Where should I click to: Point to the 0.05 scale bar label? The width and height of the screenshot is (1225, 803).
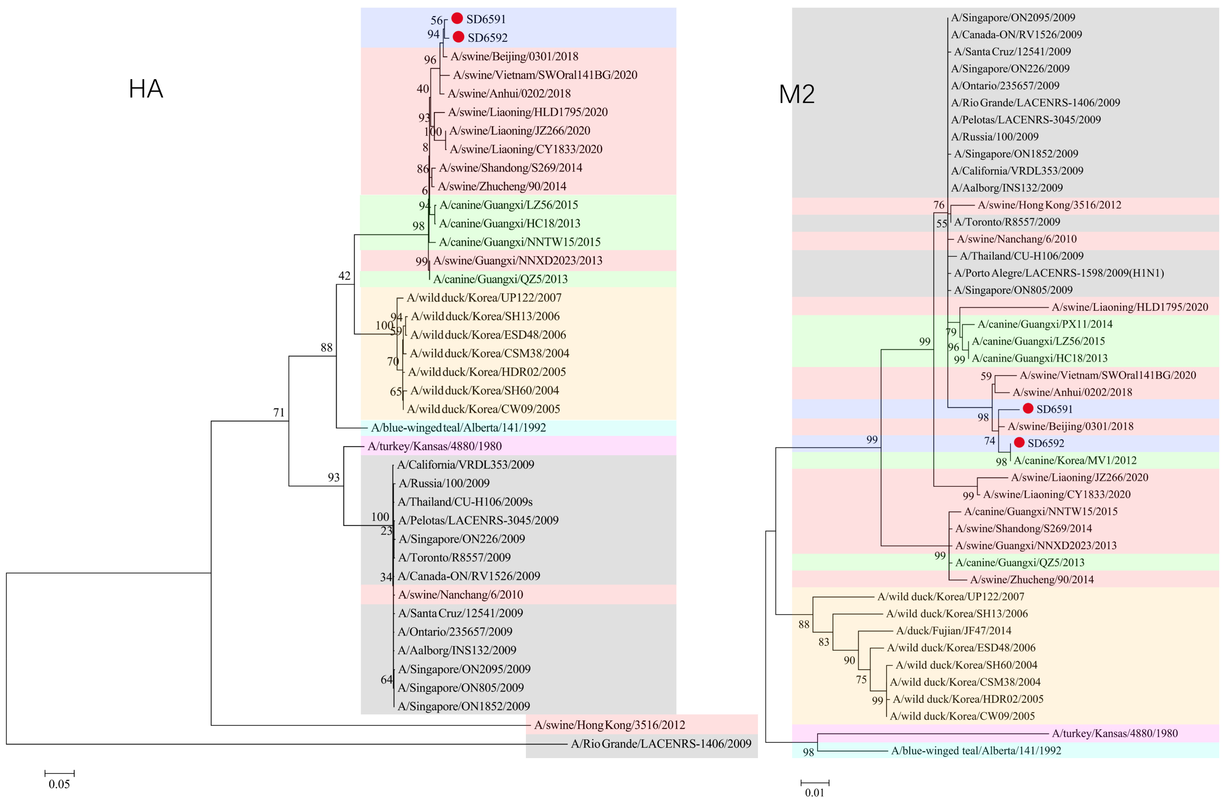[x=59, y=784]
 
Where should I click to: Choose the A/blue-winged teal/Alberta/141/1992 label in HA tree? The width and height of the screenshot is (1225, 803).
[x=458, y=428]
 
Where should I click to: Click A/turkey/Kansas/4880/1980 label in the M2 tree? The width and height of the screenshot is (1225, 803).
[x=1114, y=733]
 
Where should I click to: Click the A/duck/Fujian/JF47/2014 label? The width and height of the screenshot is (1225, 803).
[x=953, y=631]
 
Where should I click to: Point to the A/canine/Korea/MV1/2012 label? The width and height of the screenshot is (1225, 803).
[x=1075, y=460]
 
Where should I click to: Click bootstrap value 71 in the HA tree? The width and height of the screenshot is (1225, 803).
[x=278, y=412]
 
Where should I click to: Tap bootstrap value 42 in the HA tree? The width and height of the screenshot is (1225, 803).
[x=344, y=276]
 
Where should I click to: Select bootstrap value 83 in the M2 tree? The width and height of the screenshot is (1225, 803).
[x=823, y=642]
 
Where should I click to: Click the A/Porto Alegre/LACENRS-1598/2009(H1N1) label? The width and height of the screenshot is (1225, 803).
[x=1059, y=273]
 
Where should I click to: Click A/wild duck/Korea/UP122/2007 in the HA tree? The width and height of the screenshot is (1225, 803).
[x=484, y=297]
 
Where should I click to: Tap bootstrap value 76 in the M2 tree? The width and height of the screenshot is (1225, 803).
[x=939, y=205]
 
